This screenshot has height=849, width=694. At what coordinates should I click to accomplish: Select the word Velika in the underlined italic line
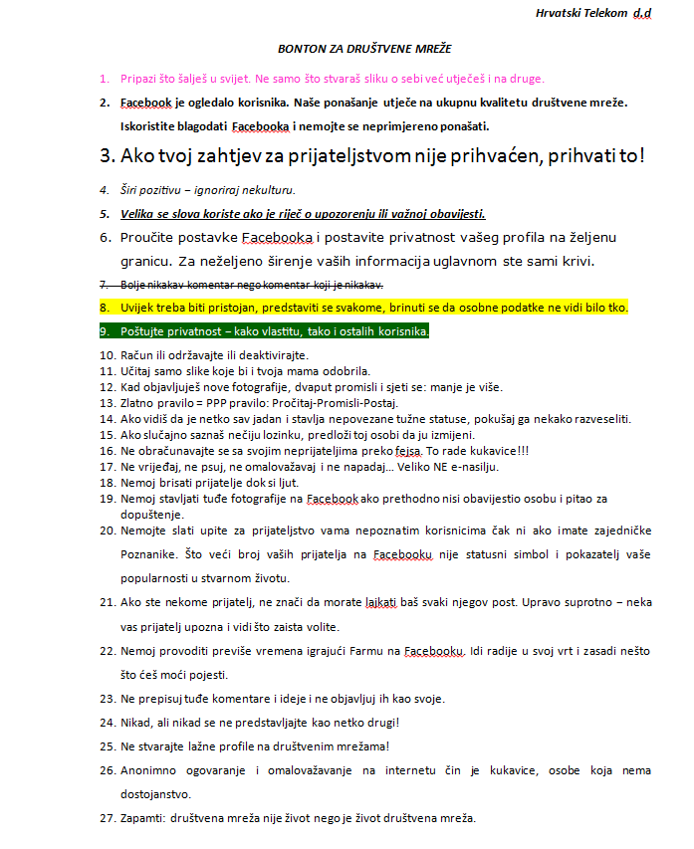pyautogui.click(x=138, y=213)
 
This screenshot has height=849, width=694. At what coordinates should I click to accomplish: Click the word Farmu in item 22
pyautogui.click(x=356, y=651)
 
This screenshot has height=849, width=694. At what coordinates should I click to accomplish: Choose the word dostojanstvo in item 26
pyautogui.click(x=154, y=794)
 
